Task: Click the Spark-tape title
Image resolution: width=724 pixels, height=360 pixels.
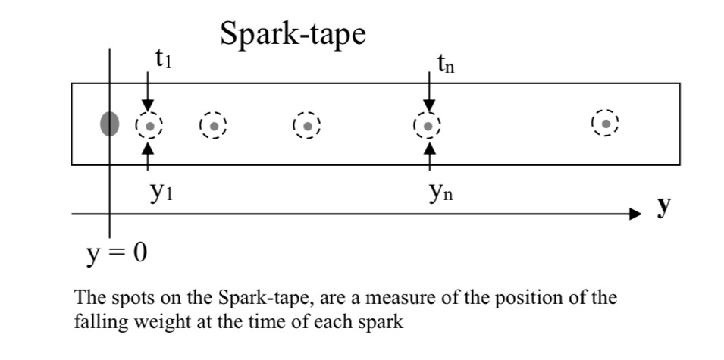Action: [x=293, y=34]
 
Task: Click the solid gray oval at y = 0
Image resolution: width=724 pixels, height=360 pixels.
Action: [x=110, y=124]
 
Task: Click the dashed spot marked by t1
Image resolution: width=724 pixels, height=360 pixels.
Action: [x=149, y=126]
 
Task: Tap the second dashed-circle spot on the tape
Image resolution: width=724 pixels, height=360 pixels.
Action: [x=214, y=126]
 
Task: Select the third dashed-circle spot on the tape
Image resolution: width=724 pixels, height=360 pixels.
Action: [x=307, y=126]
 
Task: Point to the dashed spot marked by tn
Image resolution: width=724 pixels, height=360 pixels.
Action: [x=428, y=126]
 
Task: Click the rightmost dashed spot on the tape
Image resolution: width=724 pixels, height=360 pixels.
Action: [x=606, y=123]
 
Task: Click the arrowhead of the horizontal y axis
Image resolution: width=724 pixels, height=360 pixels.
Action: [x=635, y=214]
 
